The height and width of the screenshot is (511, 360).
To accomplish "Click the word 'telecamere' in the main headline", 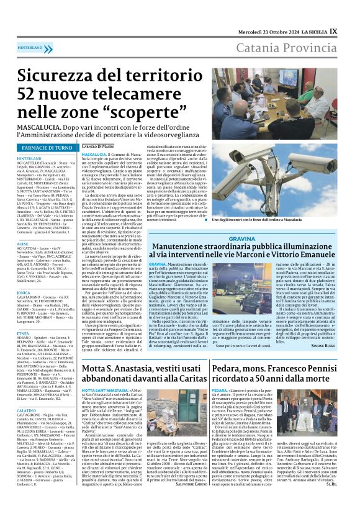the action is tap(146, 92).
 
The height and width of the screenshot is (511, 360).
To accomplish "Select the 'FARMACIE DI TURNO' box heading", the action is tap(47, 148).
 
